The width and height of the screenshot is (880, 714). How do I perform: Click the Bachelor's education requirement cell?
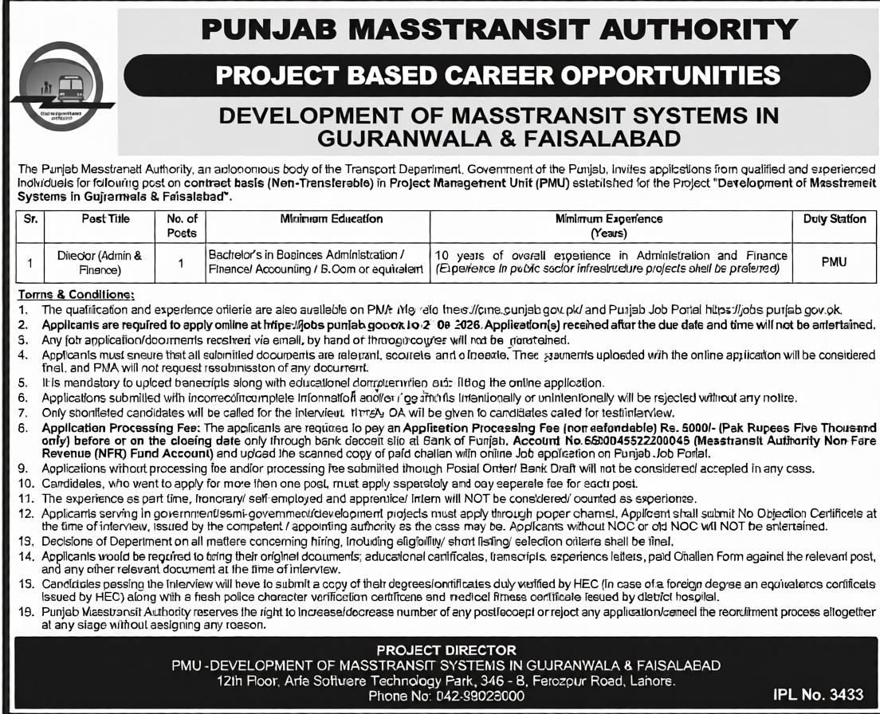pyautogui.click(x=316, y=262)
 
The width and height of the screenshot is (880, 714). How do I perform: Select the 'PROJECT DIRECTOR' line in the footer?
pyautogui.click(x=446, y=650)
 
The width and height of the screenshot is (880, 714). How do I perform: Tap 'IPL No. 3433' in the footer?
pyautogui.click(x=819, y=694)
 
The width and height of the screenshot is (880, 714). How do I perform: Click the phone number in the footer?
pyautogui.click(x=477, y=695)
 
